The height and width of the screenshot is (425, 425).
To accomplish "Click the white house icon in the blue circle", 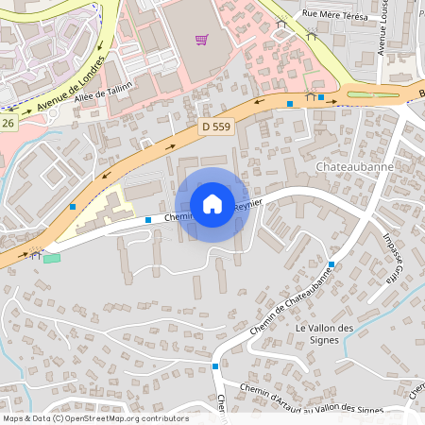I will coord(212,204).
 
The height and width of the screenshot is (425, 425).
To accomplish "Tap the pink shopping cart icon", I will coord(200,40).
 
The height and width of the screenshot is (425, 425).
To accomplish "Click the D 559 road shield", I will coord(215,126).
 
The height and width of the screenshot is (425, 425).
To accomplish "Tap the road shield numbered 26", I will coord(8,122).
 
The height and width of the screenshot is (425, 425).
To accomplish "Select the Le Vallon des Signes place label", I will coord(324,333).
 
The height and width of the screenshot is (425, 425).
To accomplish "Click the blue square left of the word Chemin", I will coord(148,219).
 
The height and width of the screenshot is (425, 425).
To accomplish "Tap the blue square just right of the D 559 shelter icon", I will coord(321,96).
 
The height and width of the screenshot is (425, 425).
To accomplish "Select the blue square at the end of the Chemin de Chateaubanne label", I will coord(331,264).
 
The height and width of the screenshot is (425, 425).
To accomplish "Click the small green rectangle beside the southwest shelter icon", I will coord(51,258).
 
